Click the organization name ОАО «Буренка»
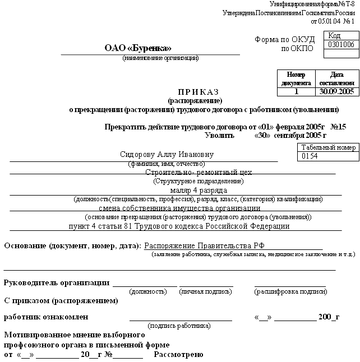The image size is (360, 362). click(138, 48)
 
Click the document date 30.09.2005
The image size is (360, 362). click(336, 91)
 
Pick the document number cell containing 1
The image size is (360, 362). click(296, 91)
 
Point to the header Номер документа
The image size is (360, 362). click(296, 78)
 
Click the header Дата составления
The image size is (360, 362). click(336, 78)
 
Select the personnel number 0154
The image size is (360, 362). click(310, 156)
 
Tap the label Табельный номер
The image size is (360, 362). click(328, 147)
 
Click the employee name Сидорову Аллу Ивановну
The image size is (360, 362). click(167, 155)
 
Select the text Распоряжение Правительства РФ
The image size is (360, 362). click(204, 246)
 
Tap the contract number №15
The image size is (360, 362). click(339, 127)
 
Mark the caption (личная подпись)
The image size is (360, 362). click(205, 291)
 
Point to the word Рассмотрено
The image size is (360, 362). click(179, 355)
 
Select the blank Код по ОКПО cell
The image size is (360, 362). click(340, 54)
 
